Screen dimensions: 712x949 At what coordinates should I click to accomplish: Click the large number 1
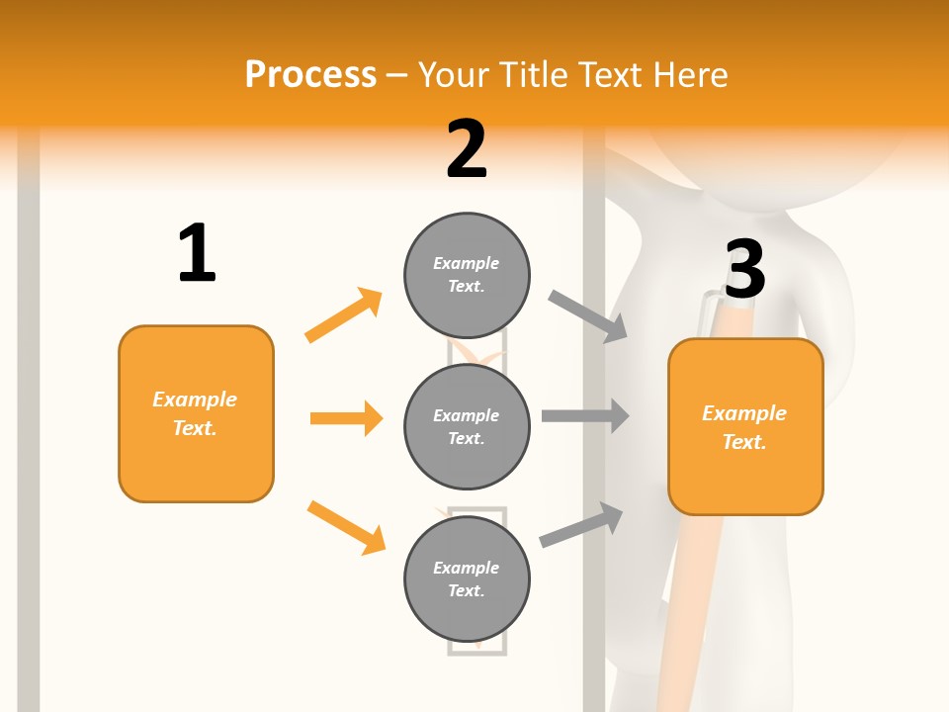click(197, 253)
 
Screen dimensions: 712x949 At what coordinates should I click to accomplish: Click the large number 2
click(467, 149)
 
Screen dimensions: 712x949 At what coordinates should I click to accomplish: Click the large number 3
click(744, 269)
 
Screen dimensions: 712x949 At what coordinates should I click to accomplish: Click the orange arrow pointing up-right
click(344, 314)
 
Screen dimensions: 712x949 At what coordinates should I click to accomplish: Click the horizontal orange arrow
click(346, 418)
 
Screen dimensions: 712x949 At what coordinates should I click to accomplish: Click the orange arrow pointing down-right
click(346, 527)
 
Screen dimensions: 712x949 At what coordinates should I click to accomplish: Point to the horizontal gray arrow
click(585, 415)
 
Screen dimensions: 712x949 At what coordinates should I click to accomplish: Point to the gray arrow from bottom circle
click(581, 525)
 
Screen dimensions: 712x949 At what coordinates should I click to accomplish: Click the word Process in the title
click(310, 74)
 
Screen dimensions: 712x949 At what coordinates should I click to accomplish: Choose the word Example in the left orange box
click(195, 400)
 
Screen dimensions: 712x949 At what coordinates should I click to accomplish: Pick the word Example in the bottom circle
click(467, 568)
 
